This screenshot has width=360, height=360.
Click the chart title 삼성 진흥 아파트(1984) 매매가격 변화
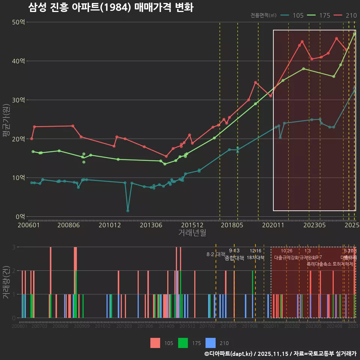tap(111, 7)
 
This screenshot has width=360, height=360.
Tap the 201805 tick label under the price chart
tap(232, 225)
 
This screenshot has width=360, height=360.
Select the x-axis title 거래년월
tap(192, 233)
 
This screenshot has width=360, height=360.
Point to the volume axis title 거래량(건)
tap(6, 282)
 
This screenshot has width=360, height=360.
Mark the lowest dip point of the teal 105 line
tap(128, 211)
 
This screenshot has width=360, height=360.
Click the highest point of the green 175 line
tap(354, 34)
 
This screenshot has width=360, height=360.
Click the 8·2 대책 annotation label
tap(216, 254)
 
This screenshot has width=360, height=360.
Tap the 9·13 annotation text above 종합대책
tap(234, 250)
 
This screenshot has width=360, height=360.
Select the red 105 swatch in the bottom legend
tap(155, 343)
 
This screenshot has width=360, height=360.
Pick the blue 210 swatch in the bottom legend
tap(211, 343)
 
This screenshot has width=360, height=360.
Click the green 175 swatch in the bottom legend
tap(183, 343)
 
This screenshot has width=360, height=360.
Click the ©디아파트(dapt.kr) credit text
tap(228, 354)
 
